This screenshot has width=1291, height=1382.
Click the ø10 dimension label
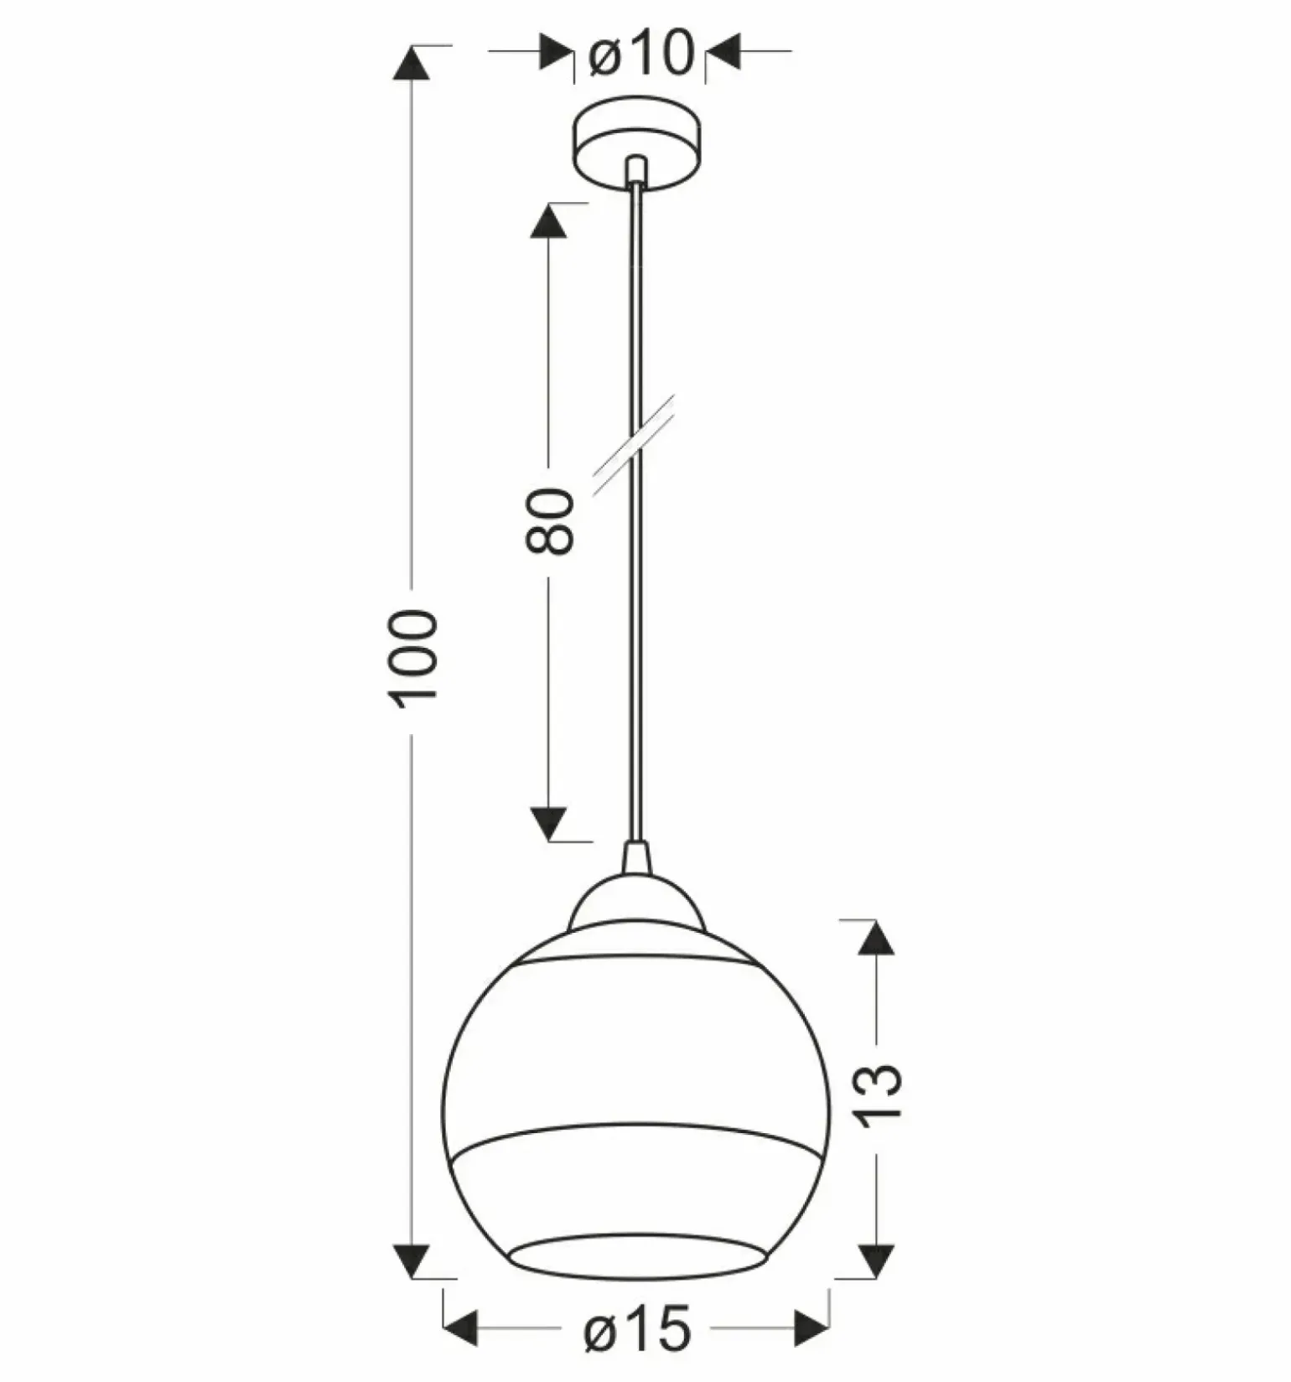pos(641,53)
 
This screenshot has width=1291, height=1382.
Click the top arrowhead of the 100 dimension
pos(411,63)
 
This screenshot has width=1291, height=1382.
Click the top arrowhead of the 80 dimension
pos(548,221)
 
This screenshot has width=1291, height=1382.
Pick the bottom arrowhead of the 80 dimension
pos(549,823)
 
